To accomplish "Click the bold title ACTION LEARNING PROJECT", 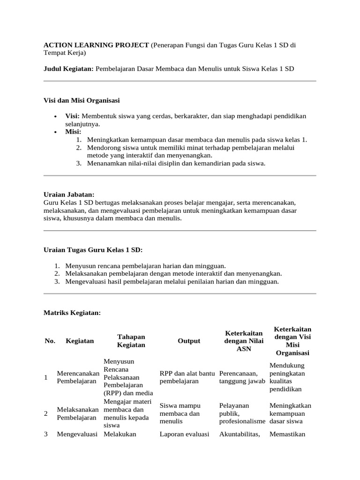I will click(96, 45).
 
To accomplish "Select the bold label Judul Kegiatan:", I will click(68, 68).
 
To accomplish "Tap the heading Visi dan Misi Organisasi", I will click(82, 100).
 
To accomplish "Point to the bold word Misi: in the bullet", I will click(73, 132).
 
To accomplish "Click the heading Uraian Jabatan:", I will click(69, 194).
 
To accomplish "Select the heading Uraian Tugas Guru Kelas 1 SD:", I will click(93, 250).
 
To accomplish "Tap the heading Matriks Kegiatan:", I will click(72, 312).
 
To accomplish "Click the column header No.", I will click(50, 341).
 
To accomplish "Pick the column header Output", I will click(189, 341).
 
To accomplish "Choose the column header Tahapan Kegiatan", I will click(131, 341).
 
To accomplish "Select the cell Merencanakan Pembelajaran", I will click(78, 377).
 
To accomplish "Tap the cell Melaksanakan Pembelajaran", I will click(78, 413).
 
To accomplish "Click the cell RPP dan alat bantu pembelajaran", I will click(187, 377).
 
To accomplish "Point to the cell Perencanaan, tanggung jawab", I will click(242, 377).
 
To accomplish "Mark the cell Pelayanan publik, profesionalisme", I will click(242, 413).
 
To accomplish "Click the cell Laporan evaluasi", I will click(184, 434).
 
